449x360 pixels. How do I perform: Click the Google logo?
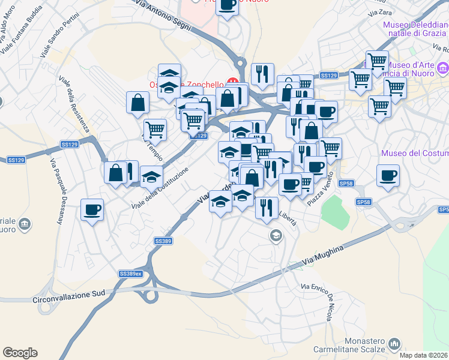(20, 353)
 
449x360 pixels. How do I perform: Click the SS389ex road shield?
(130, 274)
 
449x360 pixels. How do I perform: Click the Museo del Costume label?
(415, 154)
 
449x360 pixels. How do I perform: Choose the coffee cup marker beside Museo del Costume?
(388, 175)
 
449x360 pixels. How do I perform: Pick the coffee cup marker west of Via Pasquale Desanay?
(92, 209)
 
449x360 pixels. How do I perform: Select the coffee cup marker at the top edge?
(227, 5)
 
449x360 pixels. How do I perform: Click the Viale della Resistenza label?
(74, 103)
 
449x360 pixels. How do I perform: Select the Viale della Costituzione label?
(160, 188)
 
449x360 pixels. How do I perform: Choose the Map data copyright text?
(423, 355)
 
